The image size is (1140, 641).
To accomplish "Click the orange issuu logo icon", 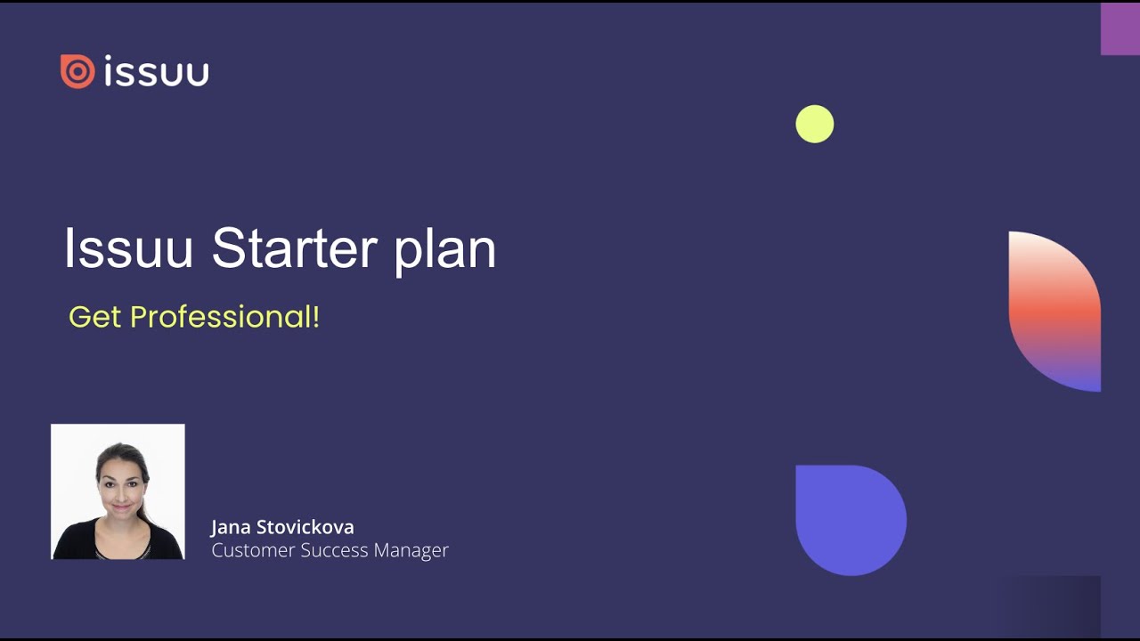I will tap(77, 72).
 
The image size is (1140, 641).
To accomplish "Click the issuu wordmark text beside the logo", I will tap(157, 72).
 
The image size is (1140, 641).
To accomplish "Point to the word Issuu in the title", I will tap(128, 248).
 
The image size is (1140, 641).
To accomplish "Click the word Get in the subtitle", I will tap(94, 317).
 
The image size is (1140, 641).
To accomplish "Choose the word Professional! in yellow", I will tap(224, 317).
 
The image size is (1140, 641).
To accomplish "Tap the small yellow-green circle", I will tap(814, 124).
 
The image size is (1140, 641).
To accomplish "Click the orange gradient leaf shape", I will tap(1054, 311).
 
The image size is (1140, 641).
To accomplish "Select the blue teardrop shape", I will tap(851, 520).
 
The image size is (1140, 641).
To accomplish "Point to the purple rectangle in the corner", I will tap(1120, 28).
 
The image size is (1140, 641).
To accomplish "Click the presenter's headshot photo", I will tap(118, 491).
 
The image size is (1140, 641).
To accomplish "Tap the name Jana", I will tap(231, 527).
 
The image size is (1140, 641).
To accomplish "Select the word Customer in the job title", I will tap(253, 550).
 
